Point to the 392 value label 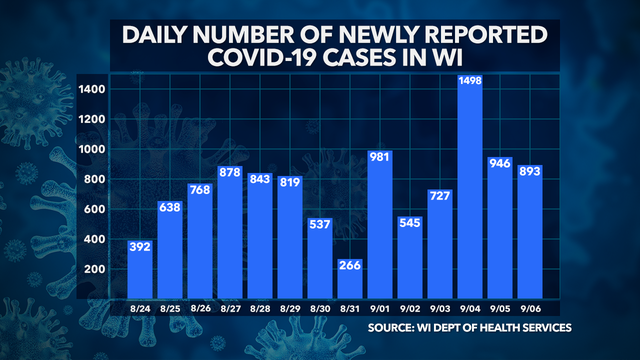[140, 246]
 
